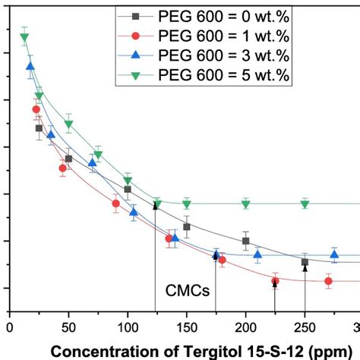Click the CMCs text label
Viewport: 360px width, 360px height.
pyautogui.click(x=188, y=290)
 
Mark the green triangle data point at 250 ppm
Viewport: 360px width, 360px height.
pyautogui.click(x=305, y=204)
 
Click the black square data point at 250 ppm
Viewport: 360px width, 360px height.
pyautogui.click(x=305, y=262)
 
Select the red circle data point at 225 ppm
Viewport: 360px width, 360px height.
pyautogui.click(x=275, y=281)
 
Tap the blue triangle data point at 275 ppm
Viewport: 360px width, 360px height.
pyautogui.click(x=334, y=254)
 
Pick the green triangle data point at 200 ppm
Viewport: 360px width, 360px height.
pyautogui.click(x=245, y=204)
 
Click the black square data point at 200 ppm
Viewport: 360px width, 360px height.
pyautogui.click(x=245, y=241)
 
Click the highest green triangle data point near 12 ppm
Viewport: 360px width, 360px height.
pyautogui.click(x=24, y=37)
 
